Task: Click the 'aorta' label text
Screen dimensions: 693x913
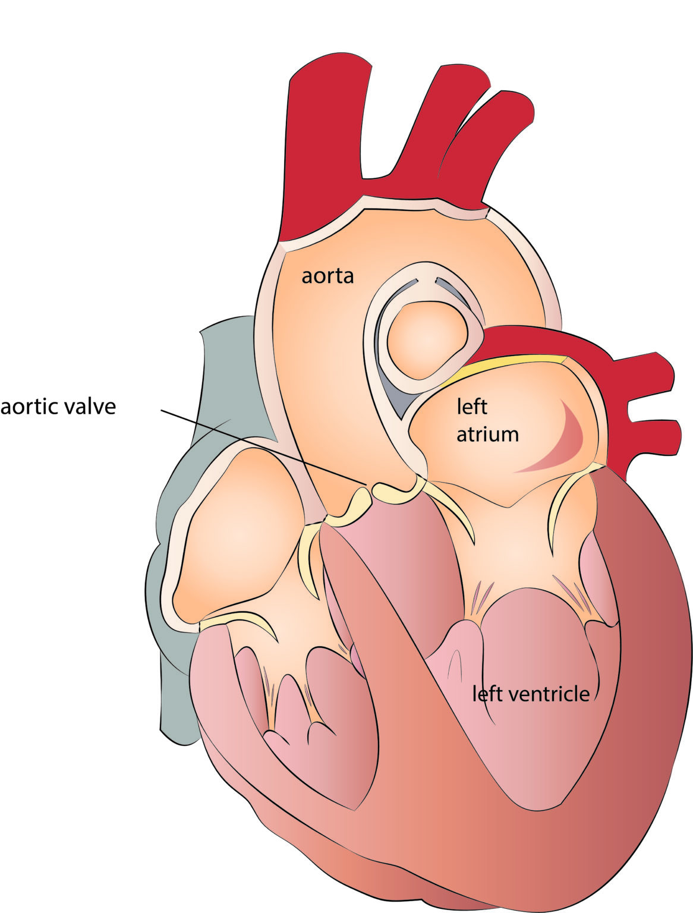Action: click(327, 276)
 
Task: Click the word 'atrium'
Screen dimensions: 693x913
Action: click(487, 435)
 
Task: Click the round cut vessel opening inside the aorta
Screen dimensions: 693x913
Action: click(426, 340)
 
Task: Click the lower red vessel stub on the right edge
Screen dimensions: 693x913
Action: click(653, 437)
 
